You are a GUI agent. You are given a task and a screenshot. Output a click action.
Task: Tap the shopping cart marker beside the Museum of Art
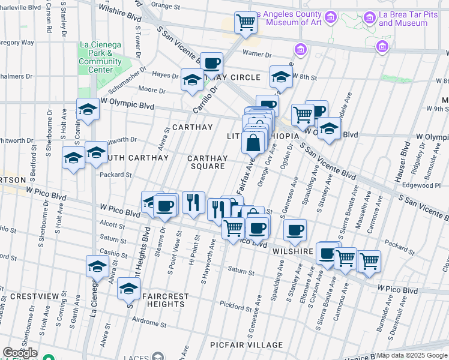click(245, 23)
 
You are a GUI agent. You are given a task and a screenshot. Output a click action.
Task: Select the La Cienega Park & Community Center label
click(100, 57)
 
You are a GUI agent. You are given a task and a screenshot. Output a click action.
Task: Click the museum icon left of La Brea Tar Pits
click(369, 18)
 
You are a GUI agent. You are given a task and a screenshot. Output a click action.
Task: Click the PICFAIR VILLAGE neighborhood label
click(247, 345)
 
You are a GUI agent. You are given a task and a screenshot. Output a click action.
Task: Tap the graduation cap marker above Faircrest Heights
click(128, 289)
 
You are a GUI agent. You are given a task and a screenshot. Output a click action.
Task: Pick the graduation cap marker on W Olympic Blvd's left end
click(88, 110)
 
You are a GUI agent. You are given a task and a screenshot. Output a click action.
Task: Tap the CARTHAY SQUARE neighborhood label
click(208, 162)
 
